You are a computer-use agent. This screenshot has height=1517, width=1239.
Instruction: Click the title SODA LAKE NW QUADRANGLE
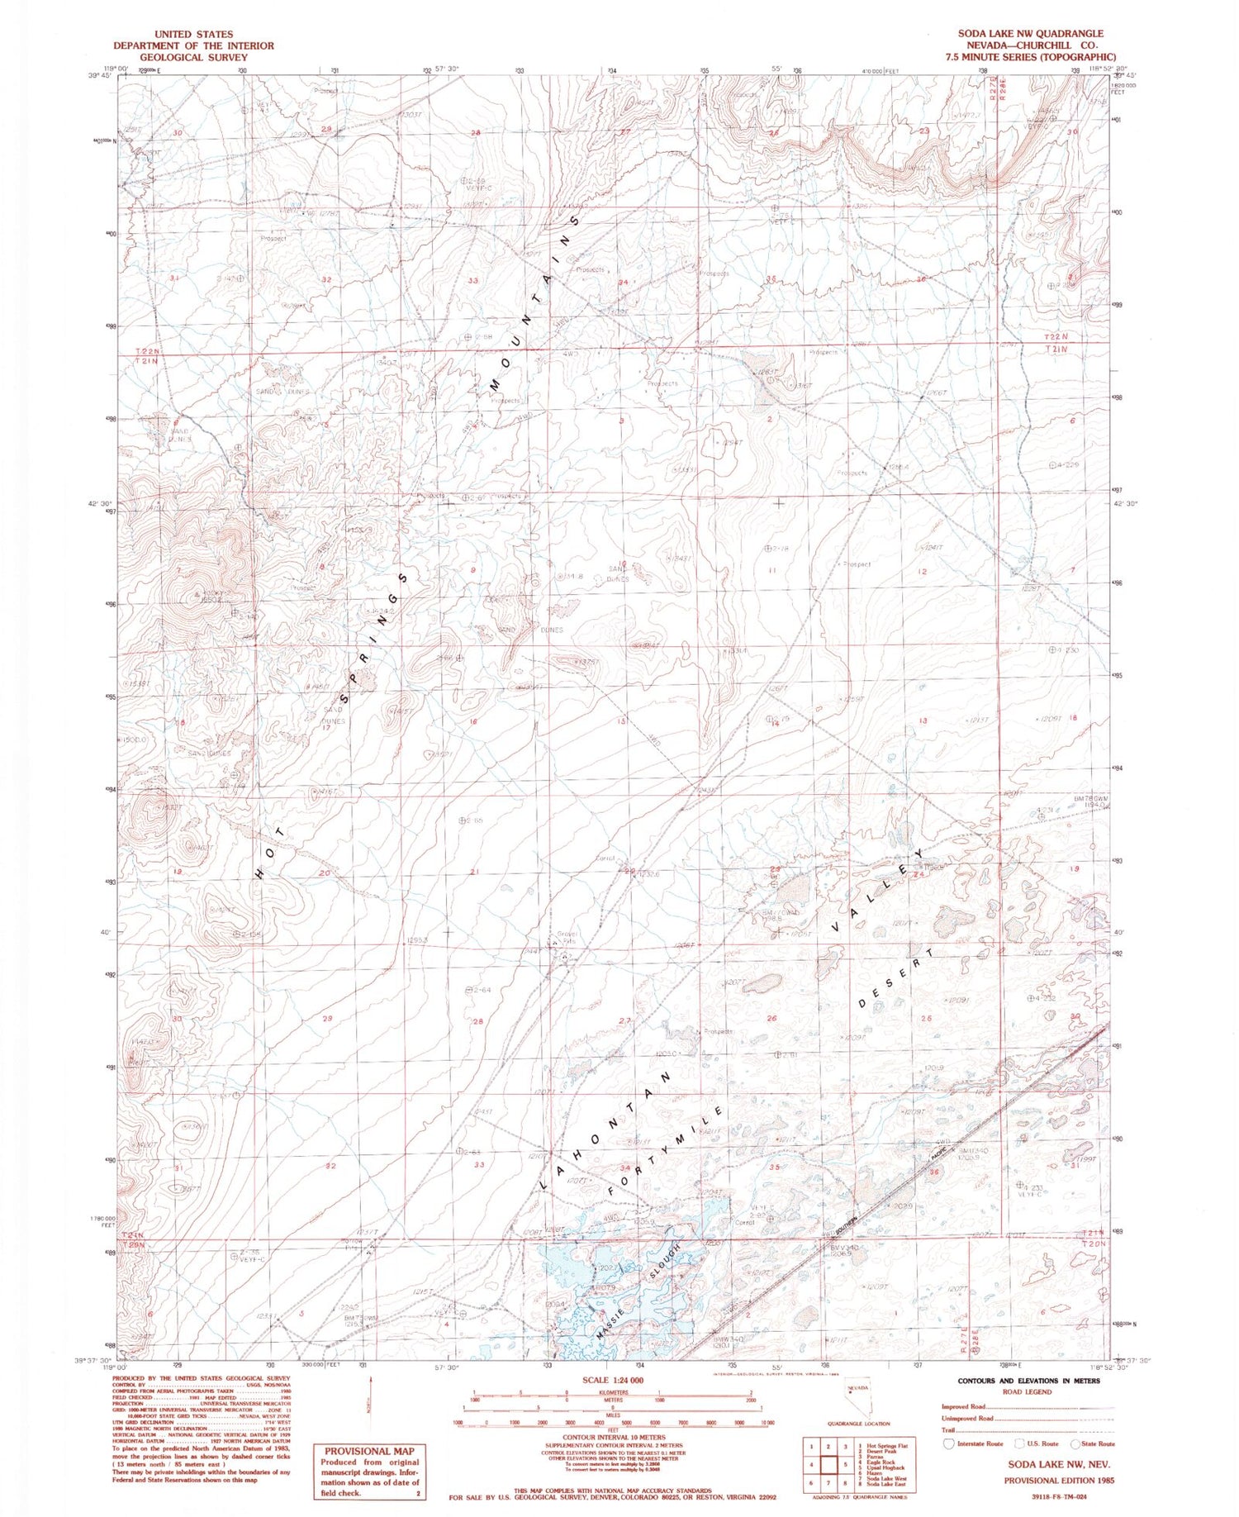pos(1030,33)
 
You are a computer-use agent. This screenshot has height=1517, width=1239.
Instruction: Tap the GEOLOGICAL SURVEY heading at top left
pos(193,58)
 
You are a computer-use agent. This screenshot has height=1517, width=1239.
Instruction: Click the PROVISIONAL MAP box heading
pos(369,1451)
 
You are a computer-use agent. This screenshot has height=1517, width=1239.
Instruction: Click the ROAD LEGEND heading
pos(1028,1391)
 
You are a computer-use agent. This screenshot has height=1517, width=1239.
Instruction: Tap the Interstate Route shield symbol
pos(949,1443)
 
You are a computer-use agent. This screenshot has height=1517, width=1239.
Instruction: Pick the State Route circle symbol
pos(1075,1443)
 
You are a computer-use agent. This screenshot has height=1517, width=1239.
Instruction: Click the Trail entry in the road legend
pos(948,1430)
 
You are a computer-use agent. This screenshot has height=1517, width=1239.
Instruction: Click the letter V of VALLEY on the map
pos(837,929)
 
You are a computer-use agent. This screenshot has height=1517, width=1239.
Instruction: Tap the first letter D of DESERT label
pos(863,1004)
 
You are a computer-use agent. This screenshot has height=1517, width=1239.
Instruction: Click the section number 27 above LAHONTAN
pos(624,1021)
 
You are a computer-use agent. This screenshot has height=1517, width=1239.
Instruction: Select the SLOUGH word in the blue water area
pos(667,1262)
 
